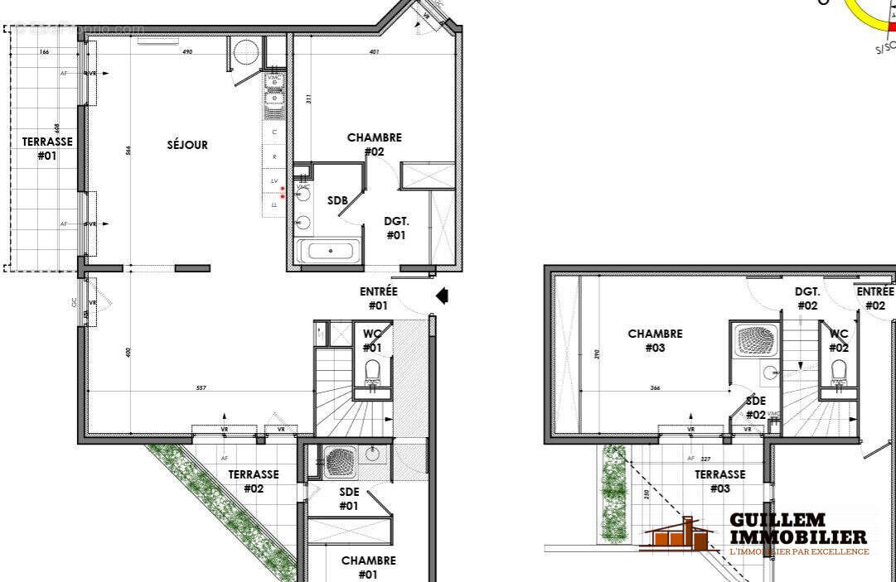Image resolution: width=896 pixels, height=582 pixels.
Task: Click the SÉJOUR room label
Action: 187,145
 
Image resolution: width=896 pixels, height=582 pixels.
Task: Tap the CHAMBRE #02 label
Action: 374,144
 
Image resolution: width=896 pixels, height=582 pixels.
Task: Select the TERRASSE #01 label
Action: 46,148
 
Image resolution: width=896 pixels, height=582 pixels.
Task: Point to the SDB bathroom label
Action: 337,201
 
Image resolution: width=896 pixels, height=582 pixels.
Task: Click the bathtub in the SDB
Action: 329,251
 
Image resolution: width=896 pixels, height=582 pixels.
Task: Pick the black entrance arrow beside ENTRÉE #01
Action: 443,296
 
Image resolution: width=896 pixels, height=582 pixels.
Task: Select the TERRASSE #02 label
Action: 254,481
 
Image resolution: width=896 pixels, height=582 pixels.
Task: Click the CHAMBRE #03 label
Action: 655,340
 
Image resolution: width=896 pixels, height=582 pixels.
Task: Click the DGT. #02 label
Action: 807,298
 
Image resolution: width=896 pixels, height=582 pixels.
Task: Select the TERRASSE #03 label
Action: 719,481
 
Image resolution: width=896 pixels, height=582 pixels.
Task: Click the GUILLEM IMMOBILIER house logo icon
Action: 680,536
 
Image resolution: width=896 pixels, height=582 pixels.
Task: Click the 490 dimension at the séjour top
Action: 187,52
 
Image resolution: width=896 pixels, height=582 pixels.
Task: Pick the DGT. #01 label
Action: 396,228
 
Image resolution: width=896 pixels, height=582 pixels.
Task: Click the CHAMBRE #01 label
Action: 368,567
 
